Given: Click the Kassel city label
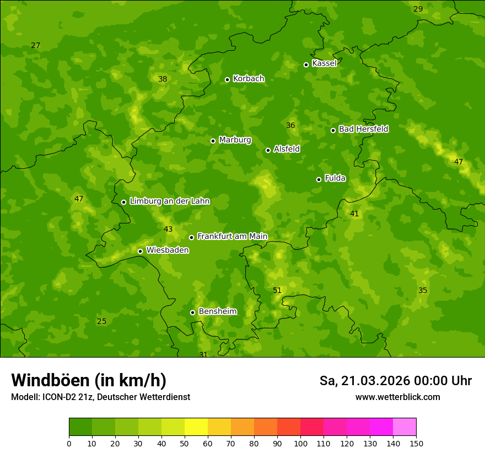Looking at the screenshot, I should point(324,63).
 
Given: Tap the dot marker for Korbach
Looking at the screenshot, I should point(227,79).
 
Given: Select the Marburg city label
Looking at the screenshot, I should point(235,140).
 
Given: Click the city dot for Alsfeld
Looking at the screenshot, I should point(268,150).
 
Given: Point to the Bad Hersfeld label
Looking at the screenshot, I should point(363,129).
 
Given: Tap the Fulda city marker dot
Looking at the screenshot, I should point(319,179).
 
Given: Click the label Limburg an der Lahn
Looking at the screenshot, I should point(170,201).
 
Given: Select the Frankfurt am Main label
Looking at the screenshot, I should point(232,237).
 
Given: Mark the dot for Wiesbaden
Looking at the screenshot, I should point(140,251).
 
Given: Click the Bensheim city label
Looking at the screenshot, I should point(217,312).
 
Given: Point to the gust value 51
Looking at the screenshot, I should point(277,291).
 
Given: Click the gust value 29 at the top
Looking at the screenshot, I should point(418,9).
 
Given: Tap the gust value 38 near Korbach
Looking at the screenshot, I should point(163,79).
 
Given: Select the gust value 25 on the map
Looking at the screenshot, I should point(101,322).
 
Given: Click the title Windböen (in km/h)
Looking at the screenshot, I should point(89,380).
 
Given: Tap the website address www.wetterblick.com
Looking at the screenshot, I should point(397,397).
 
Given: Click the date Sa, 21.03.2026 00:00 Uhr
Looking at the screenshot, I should point(396,381).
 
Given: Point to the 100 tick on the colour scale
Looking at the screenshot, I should point(300,444).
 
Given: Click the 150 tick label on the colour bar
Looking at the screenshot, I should point(416,444).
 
